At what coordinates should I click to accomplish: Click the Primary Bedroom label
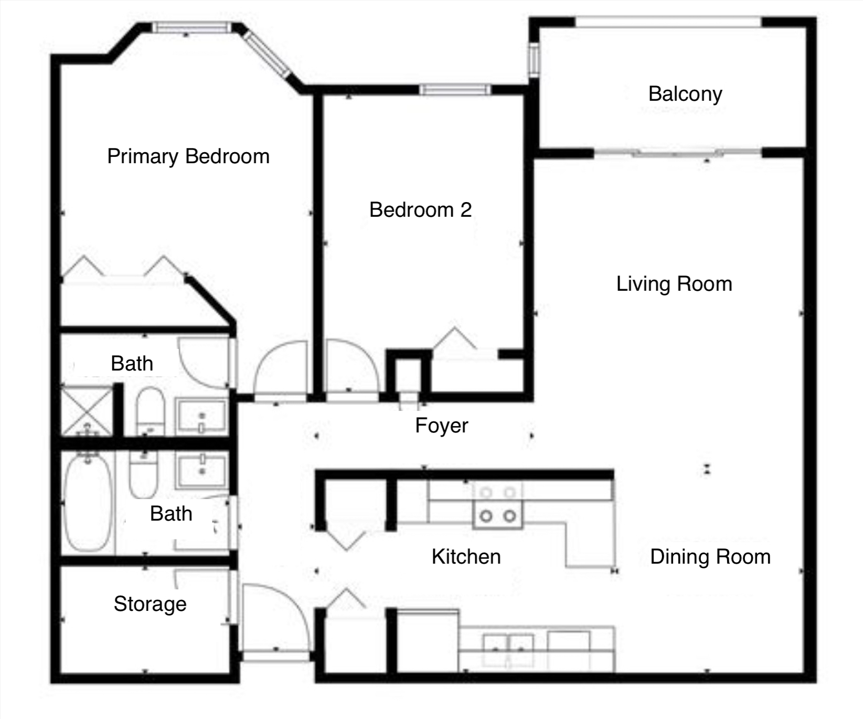[188, 156]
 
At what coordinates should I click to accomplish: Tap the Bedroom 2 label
[420, 210]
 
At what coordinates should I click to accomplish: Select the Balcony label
[685, 94]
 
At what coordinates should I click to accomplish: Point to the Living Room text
[674, 284]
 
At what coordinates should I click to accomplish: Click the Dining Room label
[710, 557]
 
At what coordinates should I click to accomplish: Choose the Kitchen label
[466, 557]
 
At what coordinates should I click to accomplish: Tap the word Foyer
[441, 426]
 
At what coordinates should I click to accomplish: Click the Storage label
[150, 604]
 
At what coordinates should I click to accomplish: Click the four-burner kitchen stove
[498, 506]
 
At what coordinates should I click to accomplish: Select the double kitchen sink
[508, 649]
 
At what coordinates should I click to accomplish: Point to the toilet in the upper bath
[150, 411]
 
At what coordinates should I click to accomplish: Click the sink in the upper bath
[201, 417]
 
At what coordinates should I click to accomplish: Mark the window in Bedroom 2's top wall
[455, 90]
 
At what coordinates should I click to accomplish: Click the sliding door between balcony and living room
[677, 153]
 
